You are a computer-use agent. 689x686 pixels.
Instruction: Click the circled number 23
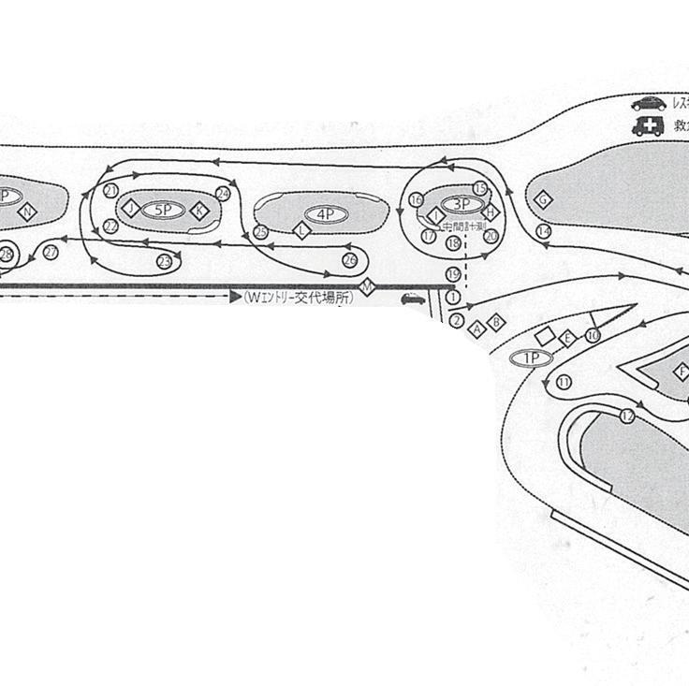tap(164, 261)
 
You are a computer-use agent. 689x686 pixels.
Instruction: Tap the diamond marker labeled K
tap(198, 211)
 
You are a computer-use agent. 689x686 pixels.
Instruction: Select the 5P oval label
tap(164, 209)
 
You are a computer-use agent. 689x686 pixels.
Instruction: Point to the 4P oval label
tap(325, 214)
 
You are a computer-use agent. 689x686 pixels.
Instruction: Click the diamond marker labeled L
tap(301, 230)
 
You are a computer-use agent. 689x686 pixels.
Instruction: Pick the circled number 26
tap(349, 259)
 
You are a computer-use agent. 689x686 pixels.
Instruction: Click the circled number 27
tap(51, 253)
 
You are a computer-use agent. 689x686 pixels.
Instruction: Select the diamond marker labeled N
tap(27, 212)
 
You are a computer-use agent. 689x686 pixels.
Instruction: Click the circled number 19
tap(454, 274)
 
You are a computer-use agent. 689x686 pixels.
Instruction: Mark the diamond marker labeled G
tap(542, 198)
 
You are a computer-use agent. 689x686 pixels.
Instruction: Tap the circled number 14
tap(543, 231)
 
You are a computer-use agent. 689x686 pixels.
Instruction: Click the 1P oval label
tap(531, 358)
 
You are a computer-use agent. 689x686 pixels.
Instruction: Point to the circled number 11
tap(564, 382)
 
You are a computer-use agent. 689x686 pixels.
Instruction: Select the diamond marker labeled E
tap(566, 339)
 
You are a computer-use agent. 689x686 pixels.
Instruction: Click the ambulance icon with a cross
tap(647, 127)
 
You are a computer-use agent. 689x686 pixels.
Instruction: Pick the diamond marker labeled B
tap(497, 322)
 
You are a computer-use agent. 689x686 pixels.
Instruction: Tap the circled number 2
tap(456, 321)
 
